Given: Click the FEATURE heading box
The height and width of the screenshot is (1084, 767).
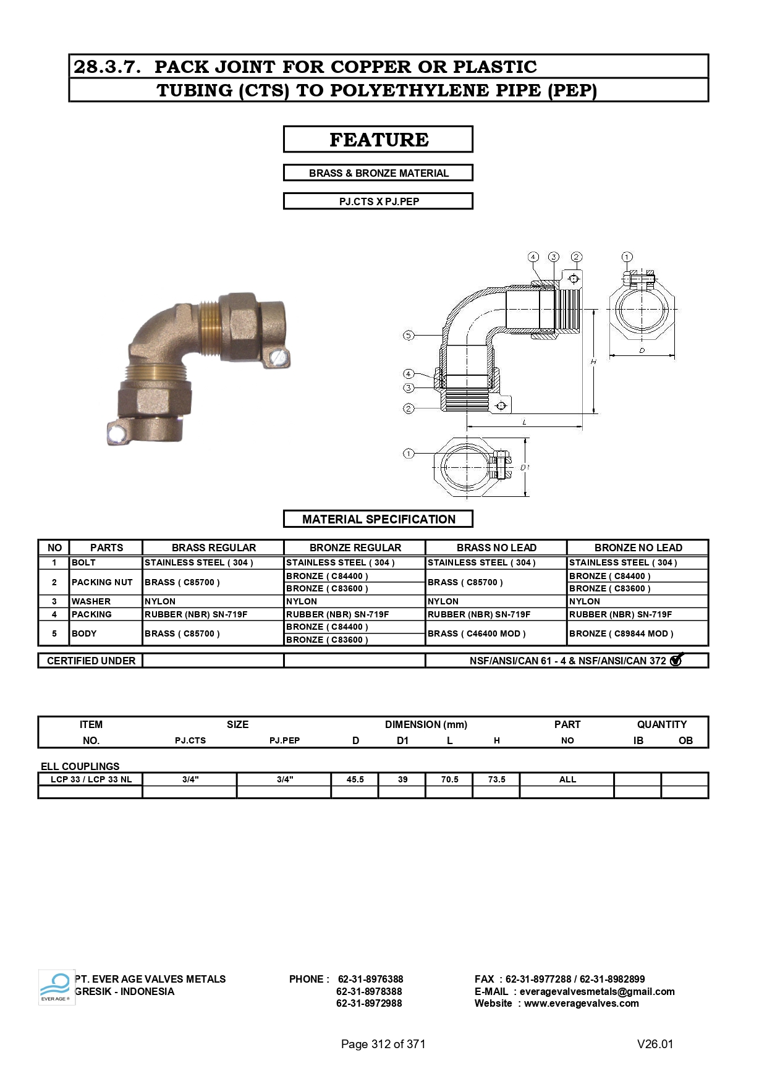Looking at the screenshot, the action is (378, 139).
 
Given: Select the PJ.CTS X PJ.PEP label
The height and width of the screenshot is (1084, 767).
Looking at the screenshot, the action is (379, 201).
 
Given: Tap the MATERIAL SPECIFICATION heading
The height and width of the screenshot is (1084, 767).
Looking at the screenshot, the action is (378, 519).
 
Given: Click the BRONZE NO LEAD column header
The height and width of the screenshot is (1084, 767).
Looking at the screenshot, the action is (638, 548).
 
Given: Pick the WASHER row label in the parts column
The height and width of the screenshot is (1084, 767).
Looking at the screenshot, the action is (91, 601).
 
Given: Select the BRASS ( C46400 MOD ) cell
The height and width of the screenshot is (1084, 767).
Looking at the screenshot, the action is (477, 633).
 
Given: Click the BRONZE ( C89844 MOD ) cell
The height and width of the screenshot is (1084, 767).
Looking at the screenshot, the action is (621, 633).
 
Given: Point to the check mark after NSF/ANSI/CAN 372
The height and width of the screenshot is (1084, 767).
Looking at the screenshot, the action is (676, 659).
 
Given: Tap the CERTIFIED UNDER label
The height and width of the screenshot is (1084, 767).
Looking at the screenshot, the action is (91, 661).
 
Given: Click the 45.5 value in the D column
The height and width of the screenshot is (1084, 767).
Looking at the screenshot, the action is (355, 779).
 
